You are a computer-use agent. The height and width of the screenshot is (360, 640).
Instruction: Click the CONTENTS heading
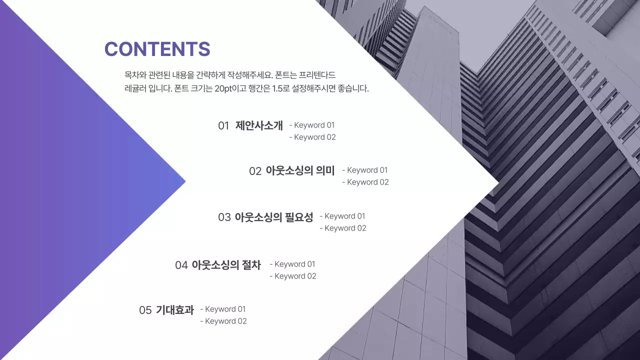157,49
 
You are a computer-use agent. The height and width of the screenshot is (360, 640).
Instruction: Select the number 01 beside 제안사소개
223,125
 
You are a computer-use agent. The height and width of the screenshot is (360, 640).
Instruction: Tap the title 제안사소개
259,125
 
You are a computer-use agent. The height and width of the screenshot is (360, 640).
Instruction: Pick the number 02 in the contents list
255,171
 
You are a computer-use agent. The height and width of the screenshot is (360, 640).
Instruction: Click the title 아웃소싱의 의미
300,170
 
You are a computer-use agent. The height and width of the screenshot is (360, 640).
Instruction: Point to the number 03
224,217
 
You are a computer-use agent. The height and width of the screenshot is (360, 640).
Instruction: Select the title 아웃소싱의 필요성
273,217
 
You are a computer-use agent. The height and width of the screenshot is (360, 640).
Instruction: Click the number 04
181,265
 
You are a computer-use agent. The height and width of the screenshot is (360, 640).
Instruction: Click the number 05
145,310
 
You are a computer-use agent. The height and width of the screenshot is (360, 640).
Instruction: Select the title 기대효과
174,310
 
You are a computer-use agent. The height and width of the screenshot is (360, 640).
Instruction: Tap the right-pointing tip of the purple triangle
184,181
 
